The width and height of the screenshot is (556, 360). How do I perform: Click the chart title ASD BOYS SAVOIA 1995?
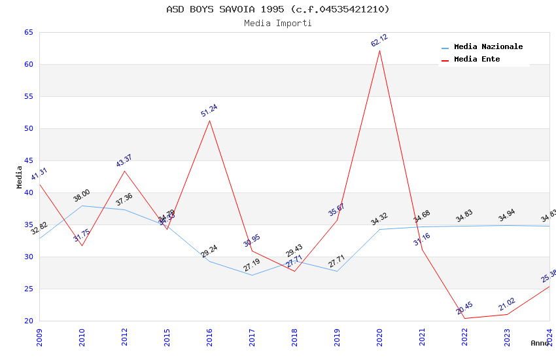(278, 9)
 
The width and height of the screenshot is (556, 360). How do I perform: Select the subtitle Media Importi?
(278, 23)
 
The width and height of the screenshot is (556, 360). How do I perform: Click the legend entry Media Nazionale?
(488, 47)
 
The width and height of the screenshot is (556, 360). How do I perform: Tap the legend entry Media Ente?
(477, 60)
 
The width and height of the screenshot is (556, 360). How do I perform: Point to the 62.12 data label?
(379, 41)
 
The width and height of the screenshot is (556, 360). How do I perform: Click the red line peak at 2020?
(379, 50)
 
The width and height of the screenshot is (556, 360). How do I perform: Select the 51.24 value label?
(209, 110)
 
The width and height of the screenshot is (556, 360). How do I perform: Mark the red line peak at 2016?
(209, 120)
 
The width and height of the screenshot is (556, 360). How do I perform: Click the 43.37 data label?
(124, 161)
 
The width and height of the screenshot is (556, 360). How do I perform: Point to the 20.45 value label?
(464, 308)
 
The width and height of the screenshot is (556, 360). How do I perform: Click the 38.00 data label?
(82, 196)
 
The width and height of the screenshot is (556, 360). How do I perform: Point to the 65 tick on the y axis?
(28, 33)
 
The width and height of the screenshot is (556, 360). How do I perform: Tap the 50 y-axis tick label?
(28, 129)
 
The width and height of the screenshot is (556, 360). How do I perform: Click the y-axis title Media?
(20, 177)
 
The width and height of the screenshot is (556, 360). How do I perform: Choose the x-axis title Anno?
(540, 343)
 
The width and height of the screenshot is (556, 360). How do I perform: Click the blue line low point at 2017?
(252, 275)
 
